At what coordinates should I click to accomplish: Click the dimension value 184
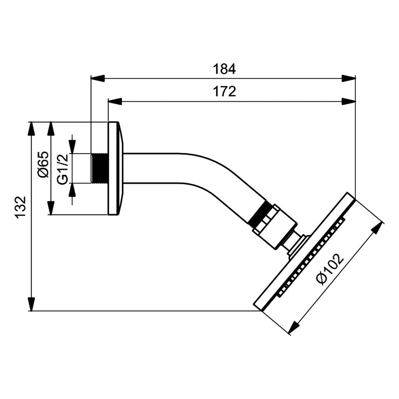(x=224, y=69)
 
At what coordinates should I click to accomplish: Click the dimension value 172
(x=224, y=92)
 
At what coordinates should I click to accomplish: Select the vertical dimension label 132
(x=20, y=207)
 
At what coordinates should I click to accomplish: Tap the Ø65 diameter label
(x=42, y=165)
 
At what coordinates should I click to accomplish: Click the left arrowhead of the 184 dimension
(x=97, y=78)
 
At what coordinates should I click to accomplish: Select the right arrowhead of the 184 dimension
(x=349, y=78)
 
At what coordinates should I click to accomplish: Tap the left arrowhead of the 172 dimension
(x=115, y=101)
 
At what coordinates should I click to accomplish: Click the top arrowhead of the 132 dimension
(x=31, y=129)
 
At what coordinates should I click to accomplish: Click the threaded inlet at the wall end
(x=99, y=169)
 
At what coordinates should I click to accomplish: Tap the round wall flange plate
(x=115, y=169)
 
